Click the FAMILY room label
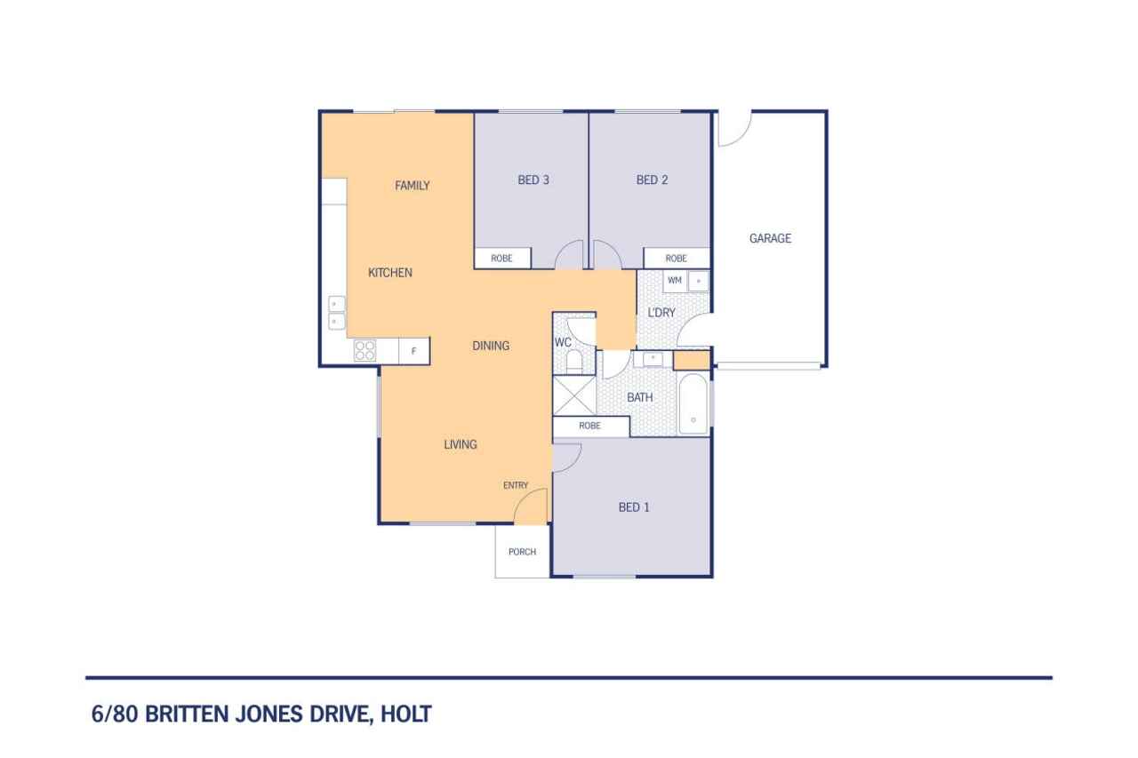click(x=412, y=186)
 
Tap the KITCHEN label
click(x=390, y=273)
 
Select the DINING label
click(x=491, y=347)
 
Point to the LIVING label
click(x=461, y=444)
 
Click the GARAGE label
click(x=770, y=239)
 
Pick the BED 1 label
click(x=634, y=507)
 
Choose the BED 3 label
click(x=533, y=180)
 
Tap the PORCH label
click(x=522, y=552)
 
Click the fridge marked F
click(x=414, y=351)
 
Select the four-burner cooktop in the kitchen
click(x=365, y=351)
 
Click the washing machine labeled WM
click(x=675, y=281)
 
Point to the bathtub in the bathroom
click(x=693, y=404)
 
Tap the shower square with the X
click(x=574, y=395)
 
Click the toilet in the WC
click(x=574, y=361)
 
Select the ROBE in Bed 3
click(x=502, y=259)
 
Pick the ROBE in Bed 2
click(x=677, y=259)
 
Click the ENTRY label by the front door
click(x=516, y=485)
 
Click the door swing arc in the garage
click(x=742, y=137)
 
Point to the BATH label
click(x=640, y=397)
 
